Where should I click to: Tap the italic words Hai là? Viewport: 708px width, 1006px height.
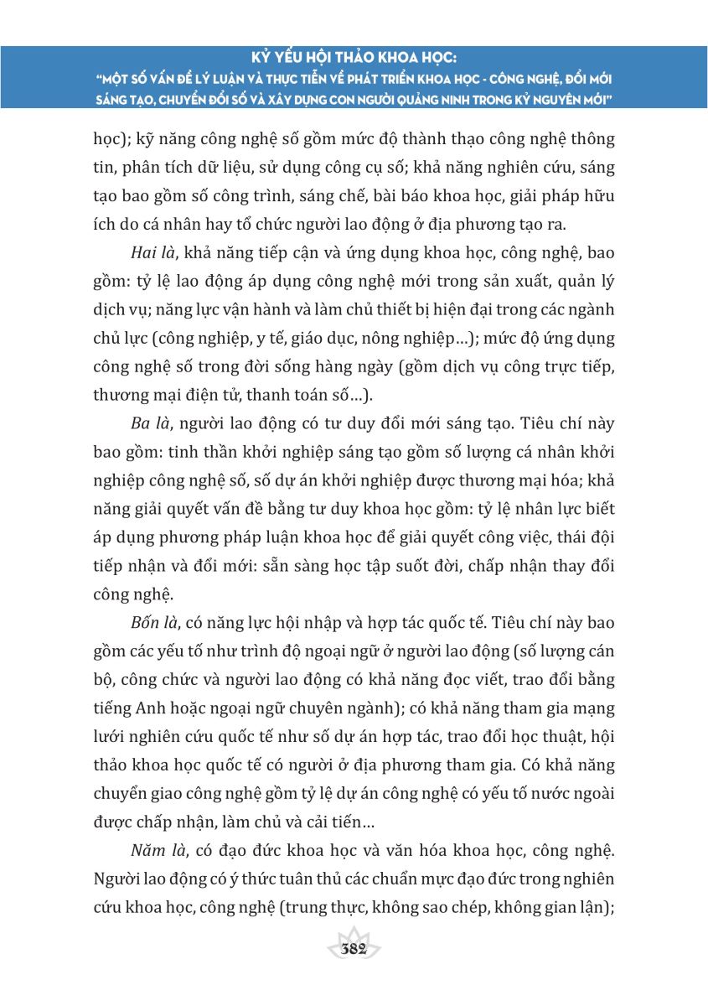tap(152, 250)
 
